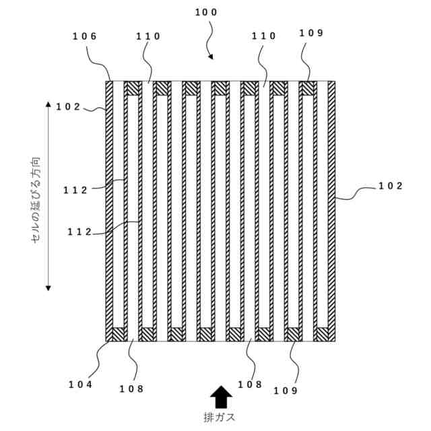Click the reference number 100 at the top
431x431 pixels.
point(206,12)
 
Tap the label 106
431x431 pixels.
point(84,36)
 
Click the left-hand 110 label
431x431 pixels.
point(148,36)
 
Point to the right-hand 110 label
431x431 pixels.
point(264,36)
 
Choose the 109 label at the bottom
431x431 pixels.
point(285,390)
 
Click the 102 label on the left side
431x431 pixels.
point(68,106)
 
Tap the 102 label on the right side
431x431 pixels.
point(390,187)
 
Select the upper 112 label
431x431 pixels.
point(76,190)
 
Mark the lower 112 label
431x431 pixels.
point(79,232)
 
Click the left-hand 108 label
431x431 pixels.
point(131,389)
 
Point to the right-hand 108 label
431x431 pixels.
point(250,385)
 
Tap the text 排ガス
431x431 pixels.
point(220,417)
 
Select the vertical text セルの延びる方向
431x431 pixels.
point(36,199)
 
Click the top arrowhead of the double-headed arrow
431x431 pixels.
point(48,104)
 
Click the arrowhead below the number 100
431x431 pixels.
point(211,57)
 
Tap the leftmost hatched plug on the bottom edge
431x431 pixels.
point(120,334)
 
